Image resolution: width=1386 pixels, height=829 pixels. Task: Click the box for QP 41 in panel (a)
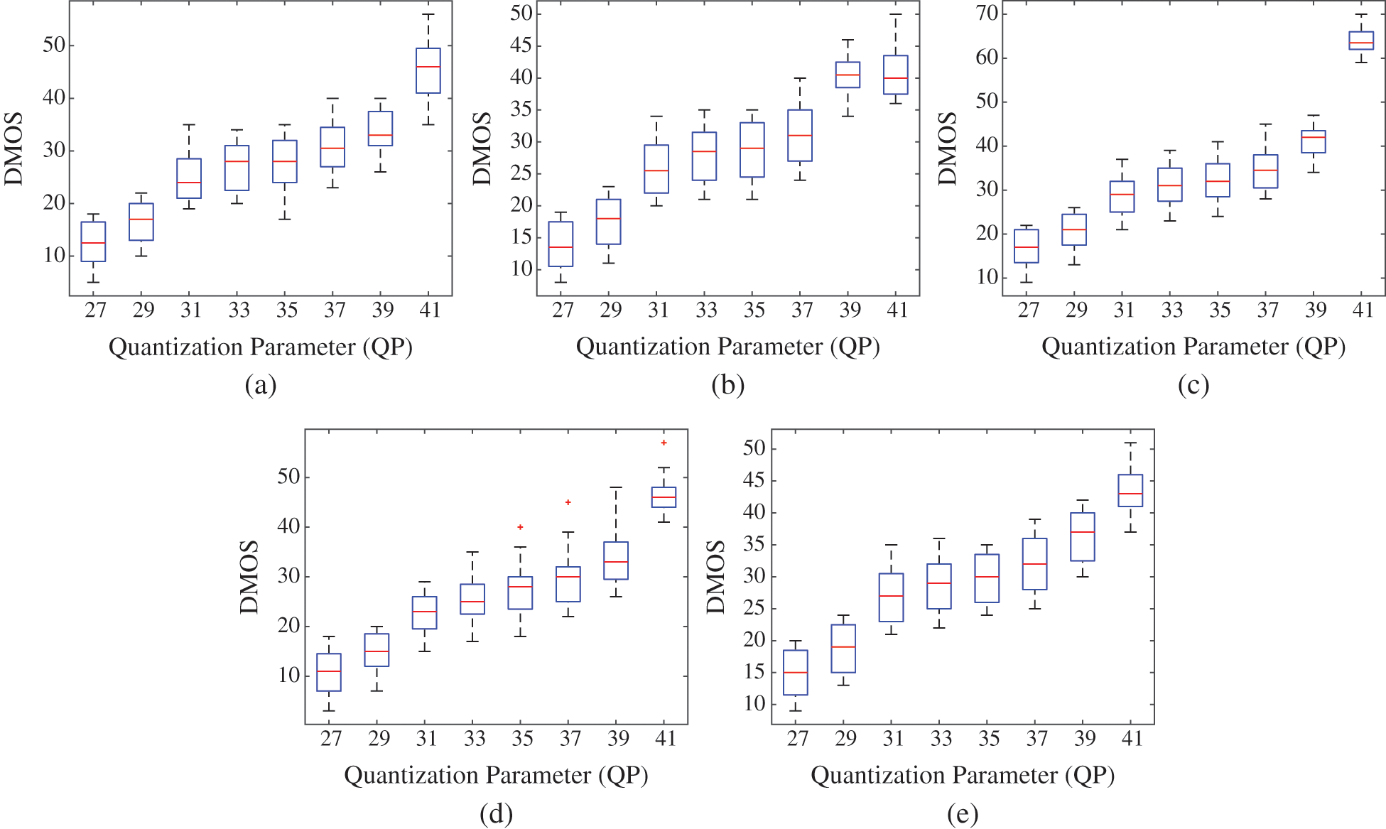[x=428, y=70]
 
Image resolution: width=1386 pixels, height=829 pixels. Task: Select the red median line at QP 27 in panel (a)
[x=93, y=243]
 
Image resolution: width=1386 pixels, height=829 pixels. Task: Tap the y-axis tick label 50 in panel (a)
[x=53, y=45]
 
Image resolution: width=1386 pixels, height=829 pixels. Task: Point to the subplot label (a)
[x=260, y=385]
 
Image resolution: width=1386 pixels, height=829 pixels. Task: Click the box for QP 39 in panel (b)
[x=848, y=75]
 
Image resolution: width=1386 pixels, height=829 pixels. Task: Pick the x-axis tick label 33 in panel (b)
[x=706, y=310]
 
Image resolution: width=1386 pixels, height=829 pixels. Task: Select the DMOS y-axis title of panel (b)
[x=482, y=148]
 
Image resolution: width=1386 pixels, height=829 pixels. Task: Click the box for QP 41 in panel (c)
[x=1361, y=40]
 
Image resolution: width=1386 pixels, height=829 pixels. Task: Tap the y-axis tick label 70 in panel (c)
[x=987, y=13]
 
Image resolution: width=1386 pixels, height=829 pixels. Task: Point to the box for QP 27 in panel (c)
[x=1027, y=246]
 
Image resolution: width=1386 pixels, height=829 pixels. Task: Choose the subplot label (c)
[x=1193, y=385]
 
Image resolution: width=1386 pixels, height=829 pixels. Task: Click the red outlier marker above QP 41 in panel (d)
[x=664, y=443]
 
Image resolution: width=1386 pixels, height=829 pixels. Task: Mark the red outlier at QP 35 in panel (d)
[x=520, y=527]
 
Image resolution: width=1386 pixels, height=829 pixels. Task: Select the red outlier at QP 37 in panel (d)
[x=568, y=502]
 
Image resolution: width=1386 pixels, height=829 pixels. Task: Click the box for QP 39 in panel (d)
[x=615, y=560]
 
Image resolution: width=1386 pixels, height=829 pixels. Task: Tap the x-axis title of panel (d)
[x=496, y=775]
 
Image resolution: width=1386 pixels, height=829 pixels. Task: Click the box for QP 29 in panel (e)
[x=843, y=648]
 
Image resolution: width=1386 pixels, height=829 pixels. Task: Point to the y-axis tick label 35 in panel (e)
[x=754, y=545]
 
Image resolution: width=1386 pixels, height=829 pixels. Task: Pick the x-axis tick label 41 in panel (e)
[x=1132, y=739]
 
